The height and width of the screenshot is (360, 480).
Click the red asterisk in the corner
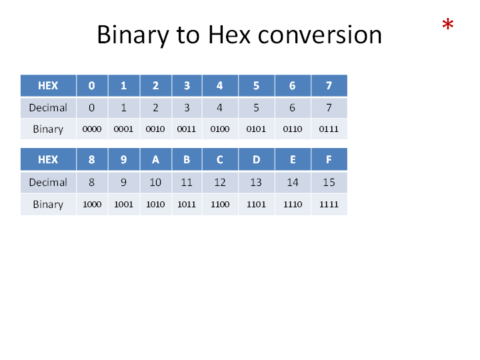(x=447, y=24)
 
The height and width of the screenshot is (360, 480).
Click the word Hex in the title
(x=229, y=35)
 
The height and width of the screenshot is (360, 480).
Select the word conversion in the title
(x=320, y=35)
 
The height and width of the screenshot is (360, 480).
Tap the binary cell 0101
(x=256, y=129)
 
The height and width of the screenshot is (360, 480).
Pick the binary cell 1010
(x=155, y=204)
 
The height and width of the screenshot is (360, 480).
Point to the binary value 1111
(x=329, y=204)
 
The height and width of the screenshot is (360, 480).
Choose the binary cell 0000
(x=92, y=129)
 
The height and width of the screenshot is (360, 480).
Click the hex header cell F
(x=329, y=159)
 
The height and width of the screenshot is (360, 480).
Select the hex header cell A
(x=155, y=159)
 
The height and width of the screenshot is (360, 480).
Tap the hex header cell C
(x=220, y=159)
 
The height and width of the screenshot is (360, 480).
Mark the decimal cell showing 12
(x=220, y=183)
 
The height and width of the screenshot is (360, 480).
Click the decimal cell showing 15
(x=329, y=183)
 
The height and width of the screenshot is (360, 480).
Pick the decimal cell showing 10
(x=155, y=183)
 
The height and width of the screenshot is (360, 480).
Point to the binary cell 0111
(x=329, y=129)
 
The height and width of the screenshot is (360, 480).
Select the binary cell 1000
(x=92, y=204)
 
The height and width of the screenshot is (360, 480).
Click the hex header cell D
(x=256, y=159)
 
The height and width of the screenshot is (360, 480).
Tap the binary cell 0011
(x=187, y=129)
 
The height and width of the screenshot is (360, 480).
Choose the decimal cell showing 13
(x=256, y=183)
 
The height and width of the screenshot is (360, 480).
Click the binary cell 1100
(x=220, y=204)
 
